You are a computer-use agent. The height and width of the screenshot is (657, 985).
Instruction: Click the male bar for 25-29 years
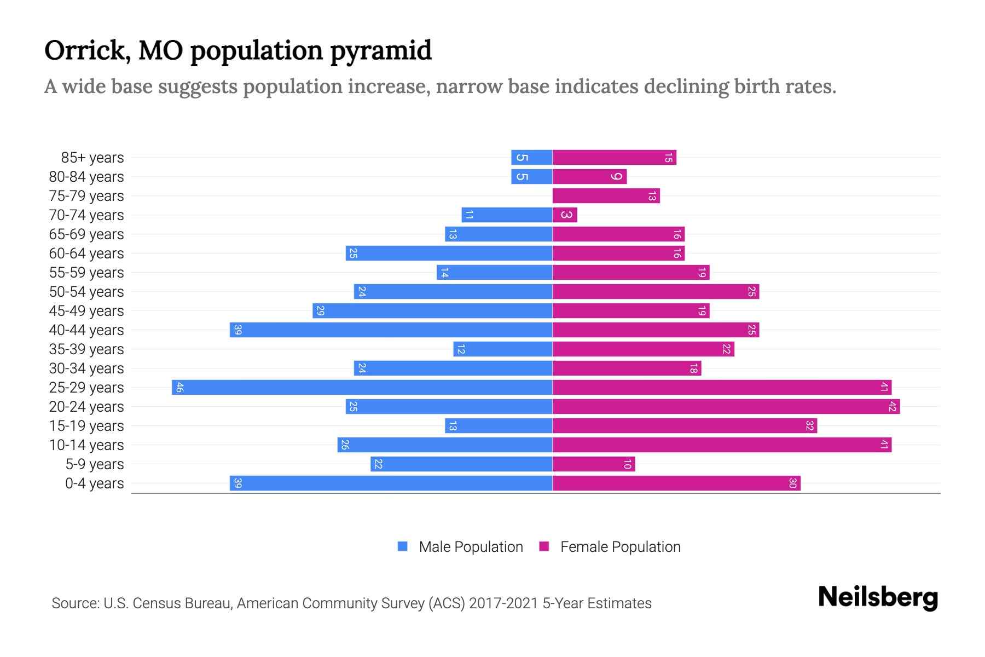362,387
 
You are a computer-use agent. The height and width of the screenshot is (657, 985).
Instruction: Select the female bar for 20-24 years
726,406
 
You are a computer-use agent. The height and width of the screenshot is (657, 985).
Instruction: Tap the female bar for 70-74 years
565,215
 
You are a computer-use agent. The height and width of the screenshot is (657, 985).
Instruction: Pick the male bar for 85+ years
531,157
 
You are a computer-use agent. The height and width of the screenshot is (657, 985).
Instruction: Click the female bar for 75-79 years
606,195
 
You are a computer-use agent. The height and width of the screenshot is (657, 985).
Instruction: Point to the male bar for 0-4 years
391,483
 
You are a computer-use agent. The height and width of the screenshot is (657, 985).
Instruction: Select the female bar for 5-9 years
593,464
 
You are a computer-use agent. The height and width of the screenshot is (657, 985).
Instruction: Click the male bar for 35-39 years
502,349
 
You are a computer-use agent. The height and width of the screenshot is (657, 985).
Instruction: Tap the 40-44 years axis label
86,330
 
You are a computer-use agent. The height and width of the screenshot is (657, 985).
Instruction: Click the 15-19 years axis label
86,425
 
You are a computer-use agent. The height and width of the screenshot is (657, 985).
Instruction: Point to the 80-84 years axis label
86,176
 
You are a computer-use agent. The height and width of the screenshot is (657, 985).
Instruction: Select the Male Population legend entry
471,546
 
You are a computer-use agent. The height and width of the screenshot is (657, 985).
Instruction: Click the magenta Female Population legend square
544,546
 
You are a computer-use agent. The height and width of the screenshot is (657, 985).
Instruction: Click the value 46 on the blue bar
179,388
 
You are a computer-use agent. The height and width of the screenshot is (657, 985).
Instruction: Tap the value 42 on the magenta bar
893,406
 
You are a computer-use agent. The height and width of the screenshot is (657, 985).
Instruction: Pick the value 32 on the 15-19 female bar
809,425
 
